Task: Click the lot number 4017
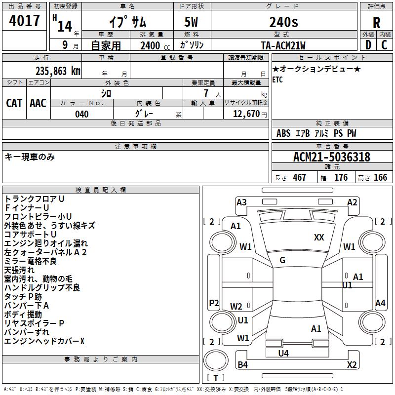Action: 25,21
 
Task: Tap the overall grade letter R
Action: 376,23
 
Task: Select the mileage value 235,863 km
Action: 57,71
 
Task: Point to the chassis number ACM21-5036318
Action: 332,157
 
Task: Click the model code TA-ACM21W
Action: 283,45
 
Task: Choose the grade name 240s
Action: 283,22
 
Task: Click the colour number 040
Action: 81,114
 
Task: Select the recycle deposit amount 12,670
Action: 245,114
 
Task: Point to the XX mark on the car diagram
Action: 319,237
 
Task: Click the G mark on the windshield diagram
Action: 282,260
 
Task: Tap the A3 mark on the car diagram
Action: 241,202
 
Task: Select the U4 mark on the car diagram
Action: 283,353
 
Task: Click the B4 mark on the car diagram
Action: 242,365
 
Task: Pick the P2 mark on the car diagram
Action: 214,303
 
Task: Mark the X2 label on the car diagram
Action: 352,365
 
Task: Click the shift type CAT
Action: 14,103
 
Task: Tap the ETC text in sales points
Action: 277,80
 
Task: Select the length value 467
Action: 299,178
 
